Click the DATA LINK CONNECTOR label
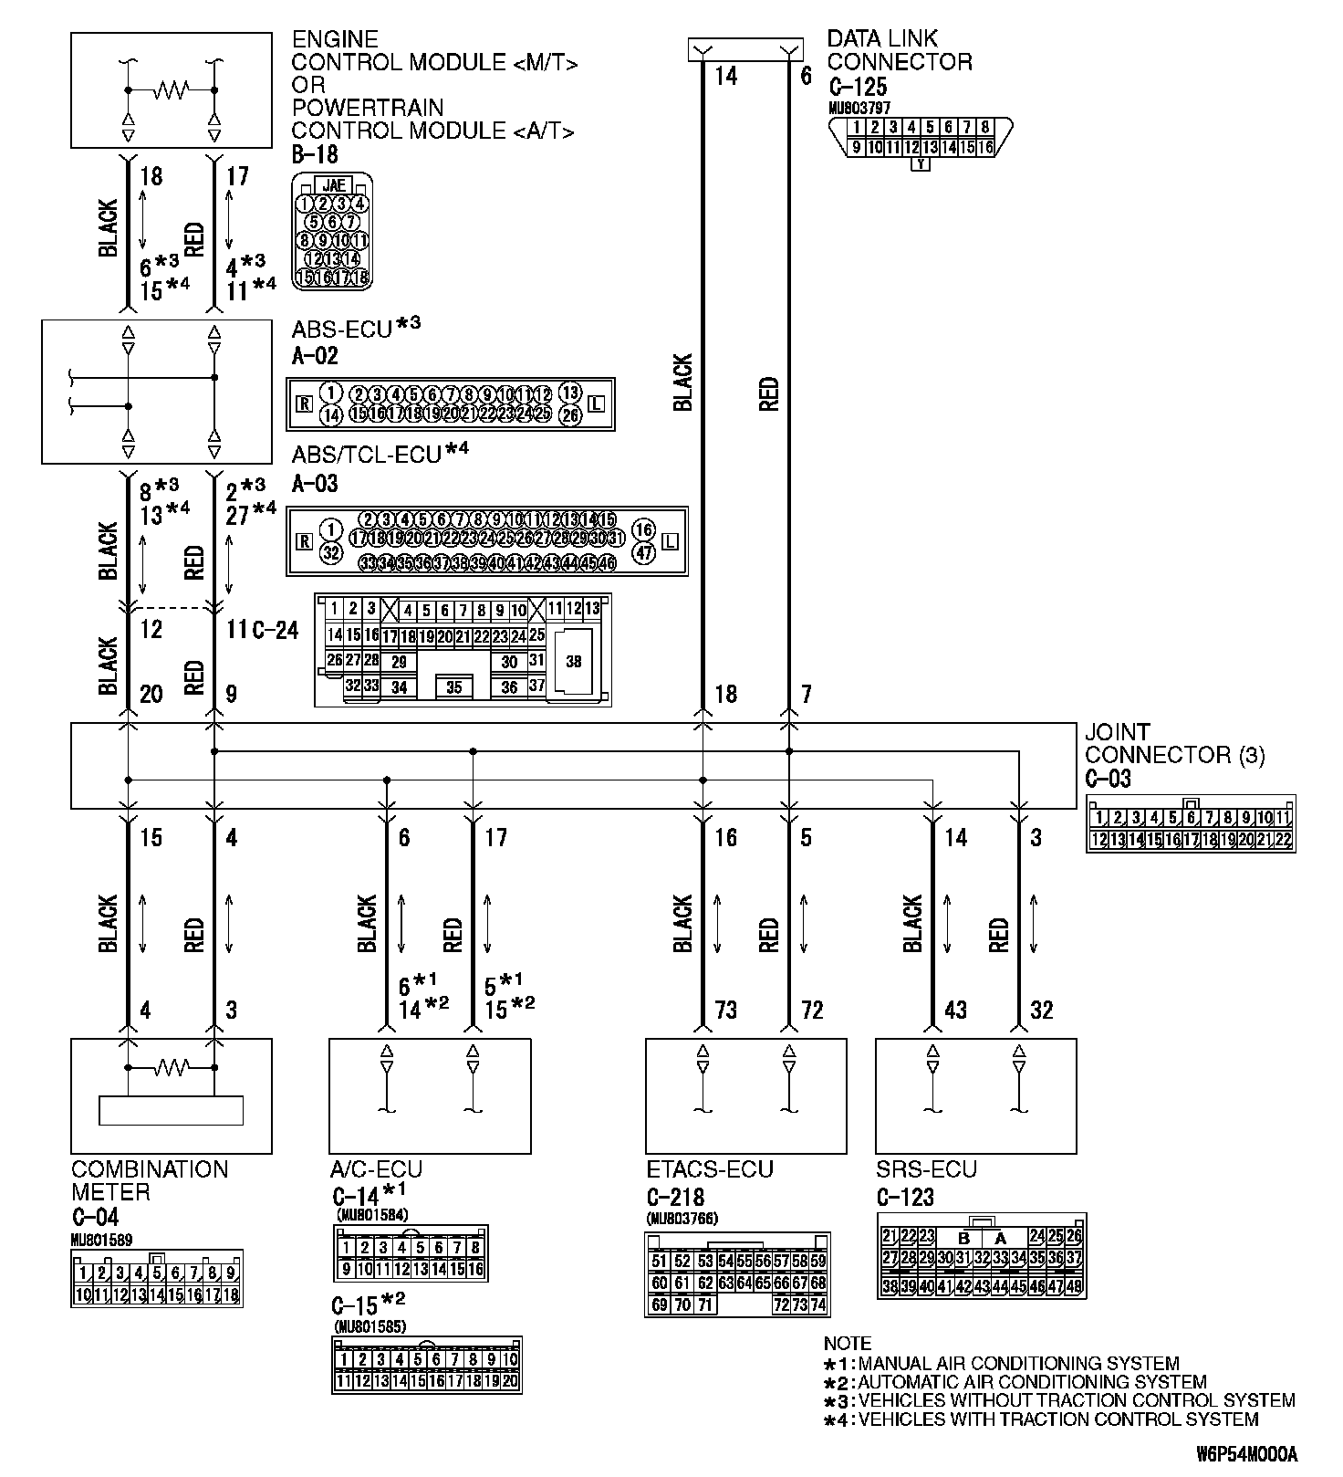click(899, 50)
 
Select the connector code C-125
click(858, 88)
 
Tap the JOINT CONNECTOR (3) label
click(1174, 744)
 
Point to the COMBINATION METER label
click(150, 1180)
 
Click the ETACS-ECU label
click(709, 1169)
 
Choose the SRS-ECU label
click(926, 1169)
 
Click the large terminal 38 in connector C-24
click(573, 661)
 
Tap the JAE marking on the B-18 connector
click(333, 184)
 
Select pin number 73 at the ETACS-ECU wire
click(725, 1010)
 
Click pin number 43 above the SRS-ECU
click(955, 1010)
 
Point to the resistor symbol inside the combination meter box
click(171, 1065)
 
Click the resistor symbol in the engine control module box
click(171, 89)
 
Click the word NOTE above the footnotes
click(847, 1344)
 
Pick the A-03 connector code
click(315, 483)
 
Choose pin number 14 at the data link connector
click(725, 76)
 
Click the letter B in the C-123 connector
click(963, 1238)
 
